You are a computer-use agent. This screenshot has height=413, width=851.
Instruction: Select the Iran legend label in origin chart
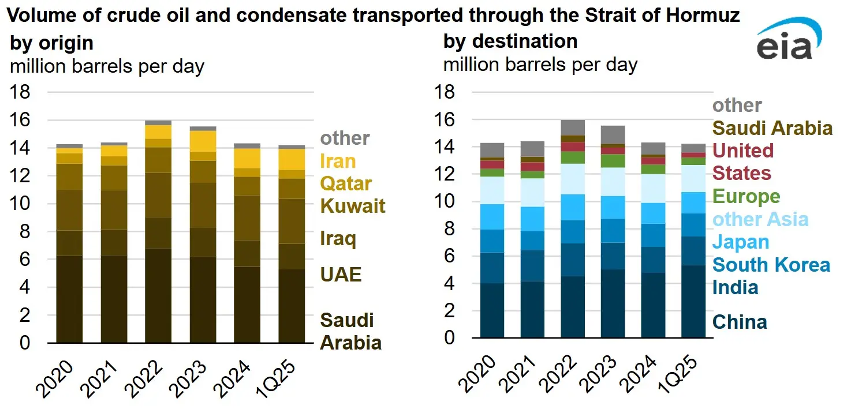[338, 161]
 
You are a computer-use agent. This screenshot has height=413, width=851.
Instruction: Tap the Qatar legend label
[346, 183]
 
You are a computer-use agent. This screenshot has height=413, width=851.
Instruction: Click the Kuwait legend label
[352, 206]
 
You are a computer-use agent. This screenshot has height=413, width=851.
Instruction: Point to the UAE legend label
[341, 274]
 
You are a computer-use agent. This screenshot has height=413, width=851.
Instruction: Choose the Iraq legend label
[338, 239]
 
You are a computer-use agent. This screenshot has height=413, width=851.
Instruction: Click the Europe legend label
[747, 196]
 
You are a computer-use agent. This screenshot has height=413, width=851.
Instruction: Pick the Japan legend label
[741, 242]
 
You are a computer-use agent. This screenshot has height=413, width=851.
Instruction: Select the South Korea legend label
[771, 265]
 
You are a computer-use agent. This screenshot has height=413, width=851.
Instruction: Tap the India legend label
[735, 287]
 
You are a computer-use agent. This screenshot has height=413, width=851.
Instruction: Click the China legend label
[740, 322]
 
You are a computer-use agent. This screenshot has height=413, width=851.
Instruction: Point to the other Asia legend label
[760, 219]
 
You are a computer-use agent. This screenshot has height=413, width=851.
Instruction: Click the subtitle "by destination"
[510, 42]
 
